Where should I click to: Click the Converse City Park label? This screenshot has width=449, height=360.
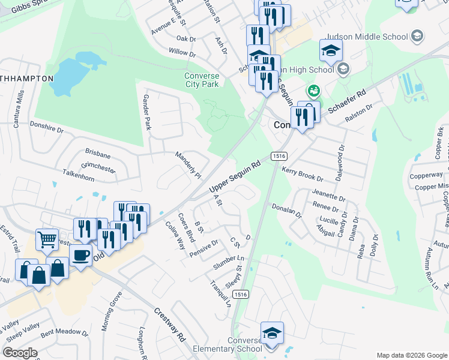pos(202,80)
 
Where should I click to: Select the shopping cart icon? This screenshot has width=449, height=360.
pos(47,239)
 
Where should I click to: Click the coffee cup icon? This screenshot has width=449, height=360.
pos(80,255)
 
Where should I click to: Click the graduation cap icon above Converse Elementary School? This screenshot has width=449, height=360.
pos(272,333)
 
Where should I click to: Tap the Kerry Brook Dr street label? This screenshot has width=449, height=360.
pos(303,175)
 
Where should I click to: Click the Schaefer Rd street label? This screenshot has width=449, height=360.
pos(347,100)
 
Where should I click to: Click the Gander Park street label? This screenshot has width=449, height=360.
pos(147,112)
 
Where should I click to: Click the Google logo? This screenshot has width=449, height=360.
pos(20,353)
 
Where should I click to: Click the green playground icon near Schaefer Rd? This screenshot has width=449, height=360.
pos(313,92)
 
